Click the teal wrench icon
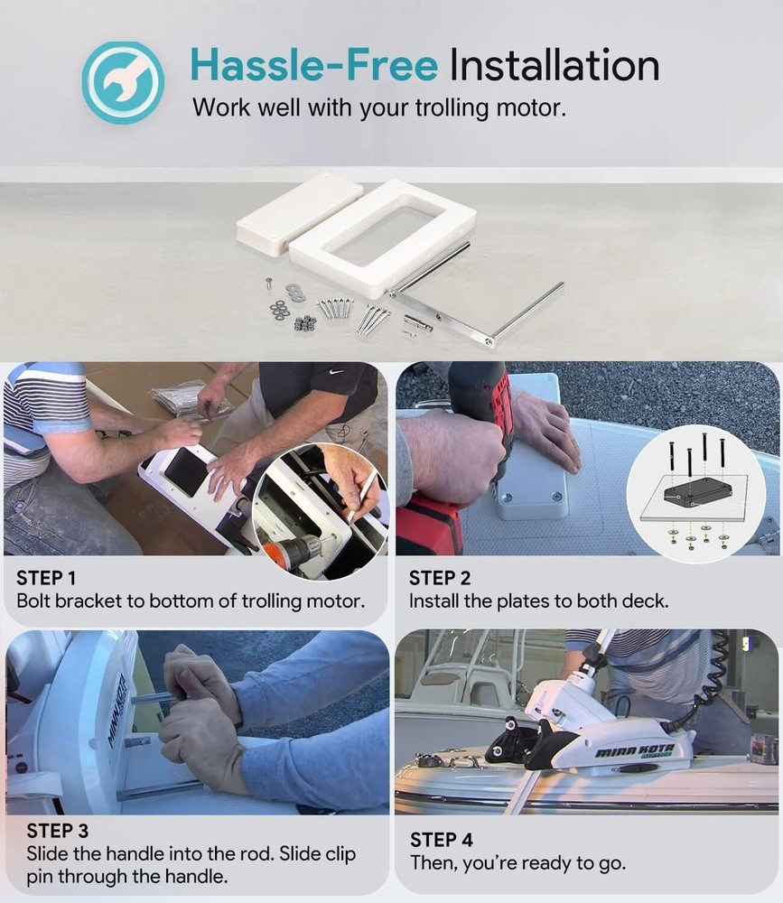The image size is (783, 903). pyautogui.click(x=123, y=82)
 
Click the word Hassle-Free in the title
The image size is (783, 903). pyautogui.click(x=314, y=65)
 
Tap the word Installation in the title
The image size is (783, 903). pyautogui.click(x=555, y=65)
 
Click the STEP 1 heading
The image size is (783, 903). pyautogui.click(x=46, y=578)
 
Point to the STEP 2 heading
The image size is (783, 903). pyautogui.click(x=440, y=578)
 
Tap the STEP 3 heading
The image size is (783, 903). pyautogui.click(x=58, y=831)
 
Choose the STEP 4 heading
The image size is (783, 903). pyautogui.click(x=442, y=840)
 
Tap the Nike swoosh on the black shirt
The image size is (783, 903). pyautogui.click(x=336, y=372)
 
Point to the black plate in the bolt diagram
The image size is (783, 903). pyautogui.click(x=697, y=491)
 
